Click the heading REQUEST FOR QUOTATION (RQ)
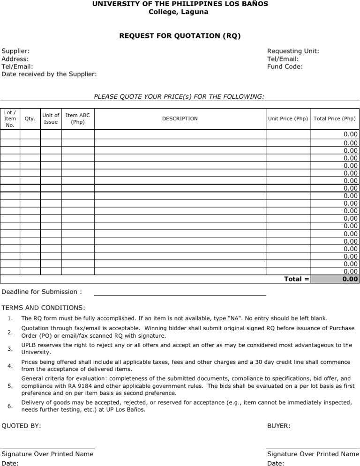point(180,36)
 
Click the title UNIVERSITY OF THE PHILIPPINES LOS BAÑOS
point(180,4)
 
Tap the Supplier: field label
point(15,51)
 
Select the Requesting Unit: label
point(293,51)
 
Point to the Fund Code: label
point(285,67)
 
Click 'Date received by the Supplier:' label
point(49,74)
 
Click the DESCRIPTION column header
point(180,119)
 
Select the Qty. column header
point(30,119)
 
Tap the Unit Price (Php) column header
point(288,119)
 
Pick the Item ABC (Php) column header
point(78,119)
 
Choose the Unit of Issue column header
point(51,119)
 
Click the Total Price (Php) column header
point(335,119)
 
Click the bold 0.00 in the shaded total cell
point(350,279)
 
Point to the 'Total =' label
point(297,279)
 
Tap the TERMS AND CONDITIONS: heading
point(43,308)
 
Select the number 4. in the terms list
point(10,366)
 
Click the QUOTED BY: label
point(21,426)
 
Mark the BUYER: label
point(278,426)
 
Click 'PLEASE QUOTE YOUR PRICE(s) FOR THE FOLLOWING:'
point(179,96)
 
